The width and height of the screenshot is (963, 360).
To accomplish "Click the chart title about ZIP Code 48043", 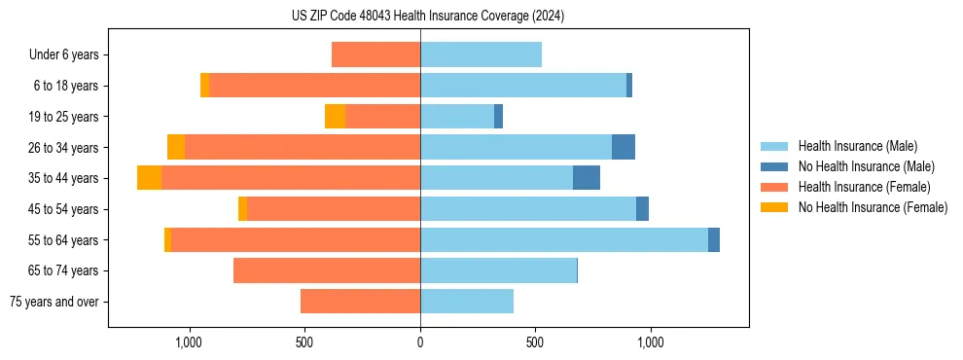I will (427, 16).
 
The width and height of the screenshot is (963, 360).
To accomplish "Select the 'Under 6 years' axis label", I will (64, 54).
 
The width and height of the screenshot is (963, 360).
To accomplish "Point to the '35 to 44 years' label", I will (63, 178).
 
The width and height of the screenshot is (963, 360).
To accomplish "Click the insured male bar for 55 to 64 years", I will (564, 239).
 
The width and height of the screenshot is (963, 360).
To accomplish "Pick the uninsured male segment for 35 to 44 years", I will (587, 178).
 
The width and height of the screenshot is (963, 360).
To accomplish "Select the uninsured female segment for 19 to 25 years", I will (335, 117).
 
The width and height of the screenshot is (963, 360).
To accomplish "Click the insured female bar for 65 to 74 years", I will (327, 270).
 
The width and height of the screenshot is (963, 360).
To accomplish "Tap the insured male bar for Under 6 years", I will (481, 54).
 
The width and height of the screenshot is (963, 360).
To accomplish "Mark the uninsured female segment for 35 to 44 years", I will (149, 178).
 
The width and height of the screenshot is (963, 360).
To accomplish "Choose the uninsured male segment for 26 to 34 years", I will (624, 147).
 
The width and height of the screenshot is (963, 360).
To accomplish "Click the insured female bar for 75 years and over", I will (360, 302).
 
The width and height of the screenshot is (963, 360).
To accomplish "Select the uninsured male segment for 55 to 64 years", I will (714, 239).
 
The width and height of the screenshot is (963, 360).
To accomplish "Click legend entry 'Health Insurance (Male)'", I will (857, 146).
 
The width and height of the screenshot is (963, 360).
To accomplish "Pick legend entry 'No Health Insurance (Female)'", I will (873, 207).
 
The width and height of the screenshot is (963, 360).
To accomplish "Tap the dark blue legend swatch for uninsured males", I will (774, 166).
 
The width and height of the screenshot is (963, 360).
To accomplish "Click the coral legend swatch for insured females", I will (774, 187).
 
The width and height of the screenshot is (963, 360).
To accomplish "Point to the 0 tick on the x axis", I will (420, 342).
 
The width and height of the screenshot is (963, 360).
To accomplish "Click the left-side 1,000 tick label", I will (188, 342).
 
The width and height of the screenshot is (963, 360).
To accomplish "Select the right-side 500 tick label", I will (534, 342).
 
